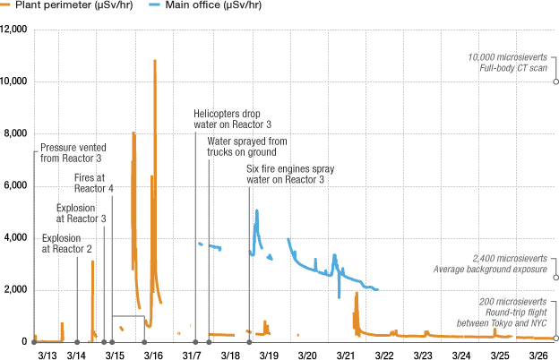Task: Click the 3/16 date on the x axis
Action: pyautogui.click(x=153, y=355)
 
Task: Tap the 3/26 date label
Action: pyautogui.click(x=538, y=355)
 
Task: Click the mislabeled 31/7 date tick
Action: pyautogui.click(x=192, y=355)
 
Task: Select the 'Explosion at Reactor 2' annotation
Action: pyautogui.click(x=66, y=244)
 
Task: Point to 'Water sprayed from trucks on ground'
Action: pyautogui.click(x=246, y=147)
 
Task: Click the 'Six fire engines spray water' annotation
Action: pyautogui.click(x=284, y=174)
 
